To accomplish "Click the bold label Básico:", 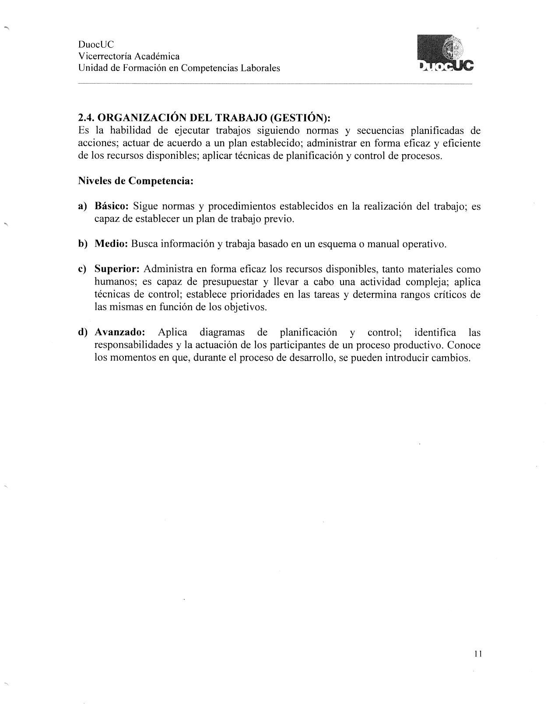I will [112, 206].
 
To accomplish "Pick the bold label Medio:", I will [111, 244].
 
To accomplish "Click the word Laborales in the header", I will [261, 68].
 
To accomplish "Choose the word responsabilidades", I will [134, 345].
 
